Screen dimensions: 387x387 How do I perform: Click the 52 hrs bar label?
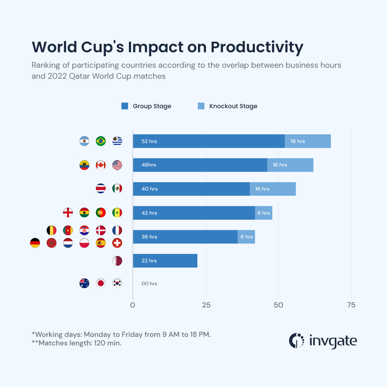point(149,141)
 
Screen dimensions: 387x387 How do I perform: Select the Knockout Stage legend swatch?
point(201,106)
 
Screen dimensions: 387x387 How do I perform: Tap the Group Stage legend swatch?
point(125,106)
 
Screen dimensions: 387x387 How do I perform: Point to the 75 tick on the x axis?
point(351,305)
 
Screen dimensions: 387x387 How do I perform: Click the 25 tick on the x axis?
point(206,305)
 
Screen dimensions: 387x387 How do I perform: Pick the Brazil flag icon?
point(101,141)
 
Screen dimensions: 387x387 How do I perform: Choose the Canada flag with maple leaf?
point(101,165)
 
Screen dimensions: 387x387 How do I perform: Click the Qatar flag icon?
point(117,261)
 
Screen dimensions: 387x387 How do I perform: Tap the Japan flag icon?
point(101,283)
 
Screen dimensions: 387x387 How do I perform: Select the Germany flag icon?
point(35,243)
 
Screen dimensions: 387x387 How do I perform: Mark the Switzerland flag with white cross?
point(117,243)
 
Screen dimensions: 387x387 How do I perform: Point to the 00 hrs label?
point(149,284)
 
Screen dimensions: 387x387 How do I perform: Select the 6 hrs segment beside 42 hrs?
point(264,213)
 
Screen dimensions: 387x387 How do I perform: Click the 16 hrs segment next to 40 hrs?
point(273,189)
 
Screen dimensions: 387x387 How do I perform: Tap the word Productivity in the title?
point(257,47)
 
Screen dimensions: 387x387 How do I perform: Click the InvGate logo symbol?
point(297,341)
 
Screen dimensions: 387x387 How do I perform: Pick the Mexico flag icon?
point(117,188)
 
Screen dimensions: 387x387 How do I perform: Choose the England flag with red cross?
point(68,213)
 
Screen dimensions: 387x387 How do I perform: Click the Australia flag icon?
point(84,283)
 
